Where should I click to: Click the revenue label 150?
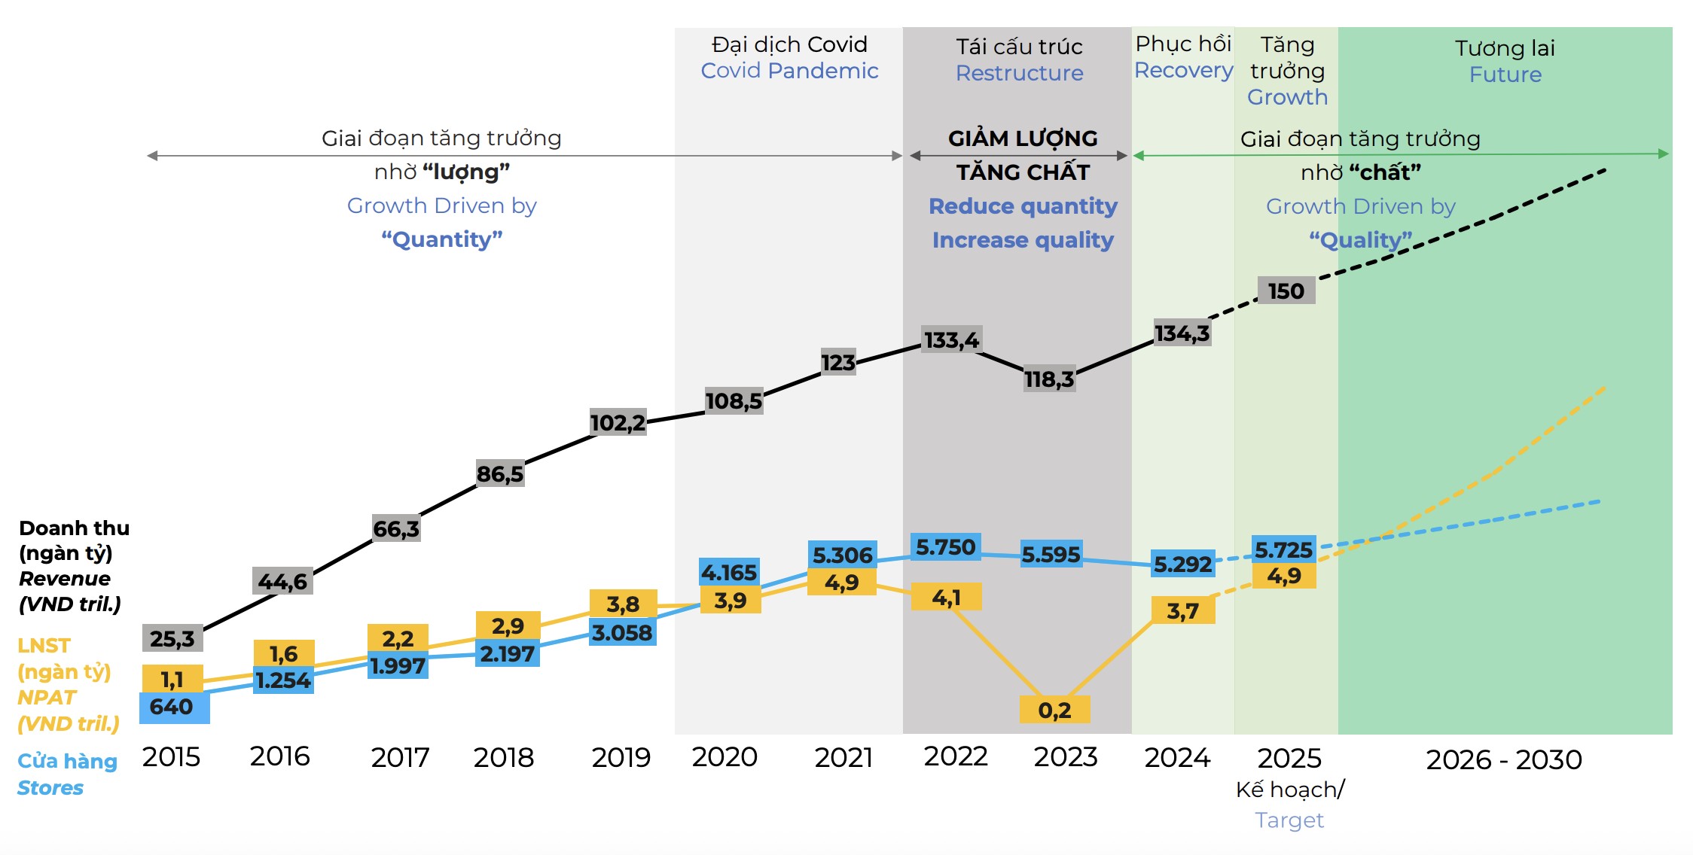pos(1286,291)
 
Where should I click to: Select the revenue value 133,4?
pos(951,340)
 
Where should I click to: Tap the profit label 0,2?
pos(1054,710)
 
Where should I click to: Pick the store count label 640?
pos(172,707)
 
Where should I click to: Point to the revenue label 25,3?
pos(172,638)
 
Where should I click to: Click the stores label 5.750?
pos(945,547)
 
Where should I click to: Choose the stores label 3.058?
pos(622,633)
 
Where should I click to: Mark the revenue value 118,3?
pos(1049,379)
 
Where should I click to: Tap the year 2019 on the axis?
pos(621,757)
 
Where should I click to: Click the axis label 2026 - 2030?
pos(1504,760)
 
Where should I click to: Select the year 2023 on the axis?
pos(1065,756)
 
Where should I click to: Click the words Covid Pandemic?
pos(789,71)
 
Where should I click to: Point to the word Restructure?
pos(1019,73)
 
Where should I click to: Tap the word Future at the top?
pos(1505,75)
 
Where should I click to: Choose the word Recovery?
pos(1183,70)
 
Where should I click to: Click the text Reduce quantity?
pos(1023,206)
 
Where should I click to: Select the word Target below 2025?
pos(1289,820)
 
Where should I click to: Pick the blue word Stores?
pos(50,788)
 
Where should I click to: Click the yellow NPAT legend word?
pos(47,698)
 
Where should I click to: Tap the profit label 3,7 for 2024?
pos(1182,610)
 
